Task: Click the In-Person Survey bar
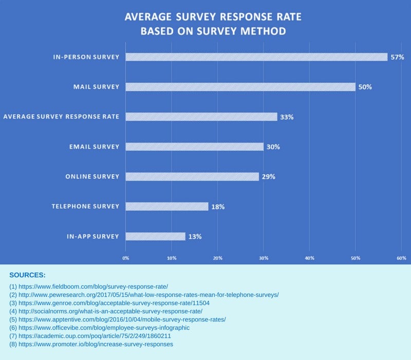[x=256, y=57]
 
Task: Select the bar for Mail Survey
[x=240, y=86]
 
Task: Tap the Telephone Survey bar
[x=166, y=206]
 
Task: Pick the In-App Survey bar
[x=155, y=236]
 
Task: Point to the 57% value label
[x=397, y=57]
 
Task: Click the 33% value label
[x=287, y=117]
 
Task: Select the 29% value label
[x=268, y=176]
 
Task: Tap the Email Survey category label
[x=94, y=147]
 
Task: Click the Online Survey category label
[x=92, y=177]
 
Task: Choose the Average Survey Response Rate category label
[x=61, y=117]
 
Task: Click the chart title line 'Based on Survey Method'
[x=213, y=31]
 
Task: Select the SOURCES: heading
[x=27, y=275]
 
